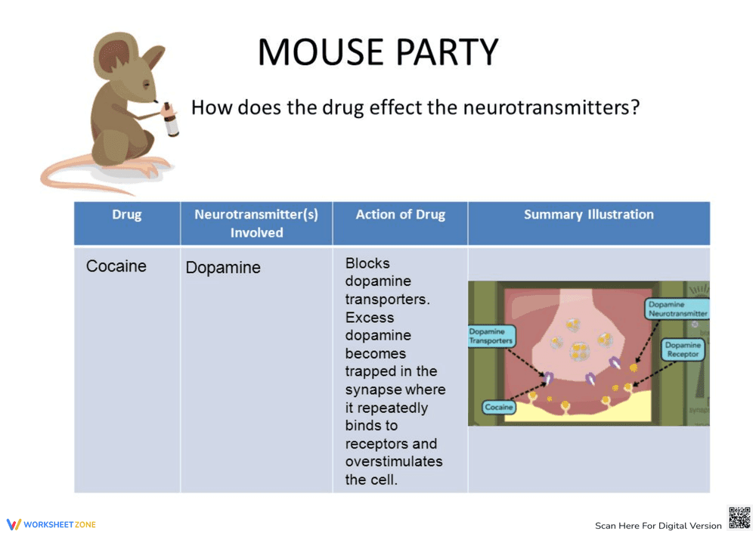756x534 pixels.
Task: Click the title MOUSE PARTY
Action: click(378, 52)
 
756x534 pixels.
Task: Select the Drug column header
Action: click(126, 215)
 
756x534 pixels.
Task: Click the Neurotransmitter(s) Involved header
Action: click(256, 223)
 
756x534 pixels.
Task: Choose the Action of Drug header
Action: click(400, 215)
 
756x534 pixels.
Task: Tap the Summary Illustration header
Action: click(588, 215)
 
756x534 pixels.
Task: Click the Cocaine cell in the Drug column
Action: click(116, 266)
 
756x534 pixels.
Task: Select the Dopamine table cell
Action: click(223, 268)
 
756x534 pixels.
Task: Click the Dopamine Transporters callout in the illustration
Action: click(491, 336)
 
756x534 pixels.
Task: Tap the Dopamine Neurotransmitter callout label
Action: click(677, 309)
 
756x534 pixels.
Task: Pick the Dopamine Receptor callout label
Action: click(683, 349)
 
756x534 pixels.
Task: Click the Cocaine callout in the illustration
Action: click(499, 407)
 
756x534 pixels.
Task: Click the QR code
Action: click(739, 518)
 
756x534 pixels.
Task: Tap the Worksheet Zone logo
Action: click(51, 524)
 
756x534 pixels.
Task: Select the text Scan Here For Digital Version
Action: click(658, 526)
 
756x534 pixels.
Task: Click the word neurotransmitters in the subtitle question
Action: click(551, 107)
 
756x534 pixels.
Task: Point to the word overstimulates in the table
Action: click(394, 461)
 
